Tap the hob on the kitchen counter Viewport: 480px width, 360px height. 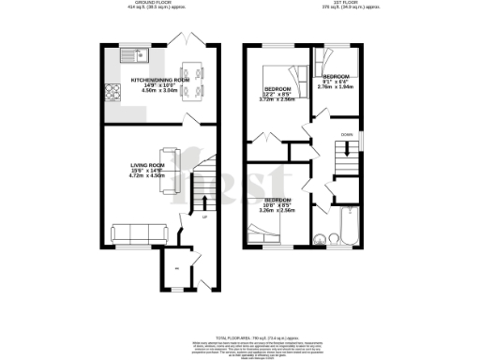(x=112, y=92)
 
